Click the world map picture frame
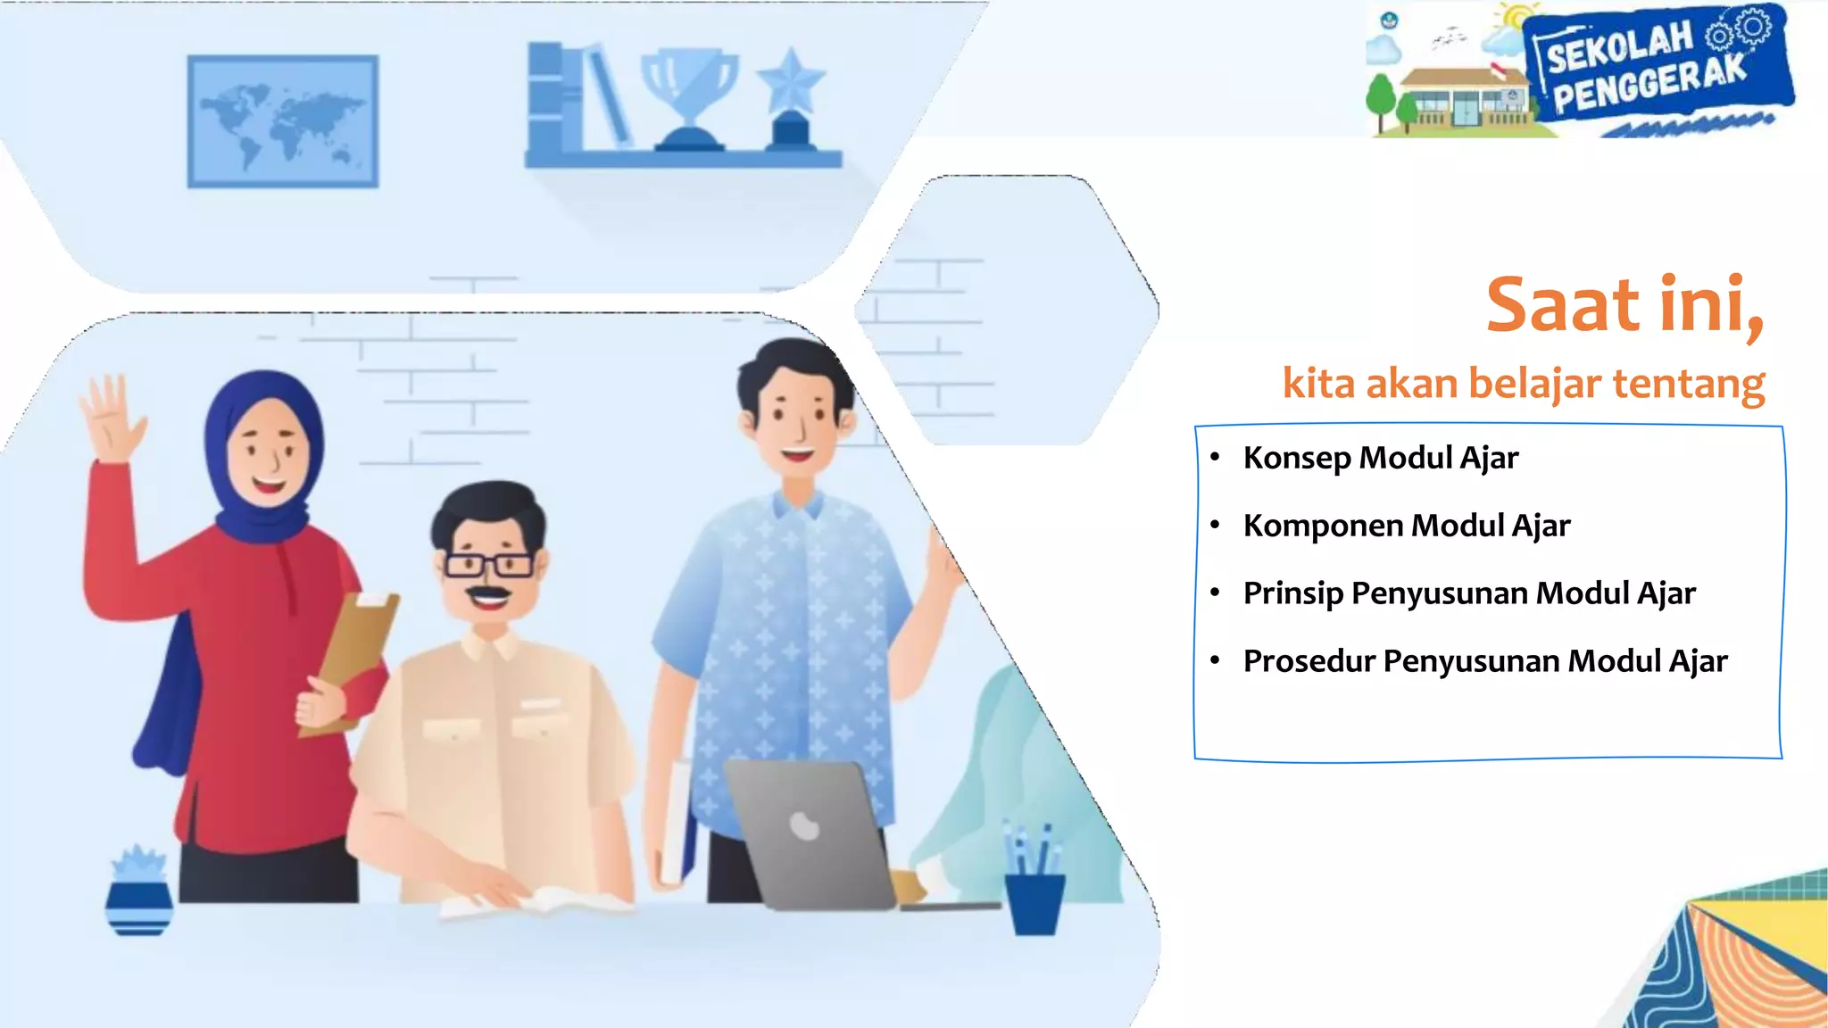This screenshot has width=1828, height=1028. (282, 121)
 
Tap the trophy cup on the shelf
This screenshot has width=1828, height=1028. (690, 96)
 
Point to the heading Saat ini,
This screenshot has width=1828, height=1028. (1624, 306)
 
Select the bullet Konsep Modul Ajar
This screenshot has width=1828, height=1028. (1380, 458)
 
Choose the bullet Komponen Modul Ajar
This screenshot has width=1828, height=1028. (1406, 526)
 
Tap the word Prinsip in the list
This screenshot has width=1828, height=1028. (1292, 593)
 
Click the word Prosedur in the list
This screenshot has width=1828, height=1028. (1309, 661)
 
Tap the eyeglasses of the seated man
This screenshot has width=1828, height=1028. (488, 564)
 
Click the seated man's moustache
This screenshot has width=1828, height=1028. (488, 593)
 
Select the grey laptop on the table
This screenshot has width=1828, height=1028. (808, 834)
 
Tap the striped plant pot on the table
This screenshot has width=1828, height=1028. (139, 905)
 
